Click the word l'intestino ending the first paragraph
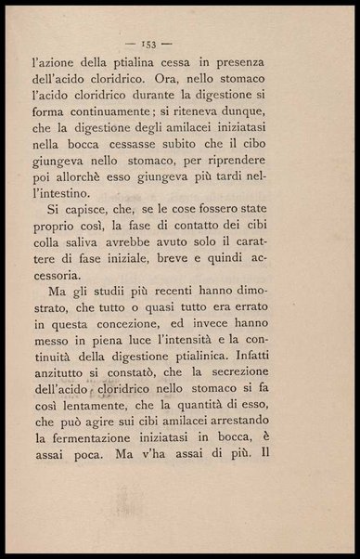tap(94, 217)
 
